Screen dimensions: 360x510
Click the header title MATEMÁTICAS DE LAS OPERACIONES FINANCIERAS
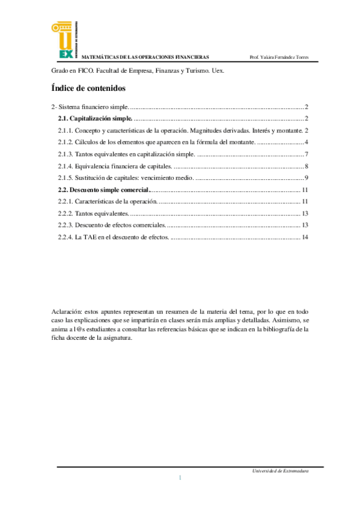coord(145,57)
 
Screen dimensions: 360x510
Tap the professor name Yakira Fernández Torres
coord(279,57)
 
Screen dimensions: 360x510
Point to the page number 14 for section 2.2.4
coord(305,238)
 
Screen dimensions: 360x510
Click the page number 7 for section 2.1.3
coord(307,154)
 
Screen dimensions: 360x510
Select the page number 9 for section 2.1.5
coord(307,178)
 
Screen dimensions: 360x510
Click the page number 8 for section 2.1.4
coord(307,166)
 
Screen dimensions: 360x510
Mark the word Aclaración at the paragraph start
coord(66,312)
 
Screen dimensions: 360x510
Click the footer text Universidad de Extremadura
coord(281,471)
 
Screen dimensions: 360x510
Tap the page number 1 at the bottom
coord(180,478)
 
